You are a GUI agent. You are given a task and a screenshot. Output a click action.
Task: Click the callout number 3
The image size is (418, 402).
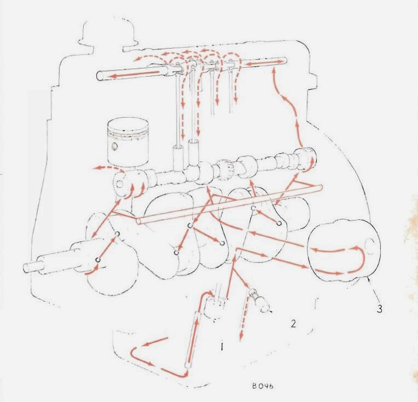379,308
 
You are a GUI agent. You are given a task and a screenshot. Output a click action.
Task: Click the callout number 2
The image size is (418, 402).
293,324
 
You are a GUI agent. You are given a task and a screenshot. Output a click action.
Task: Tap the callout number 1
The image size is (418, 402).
222,347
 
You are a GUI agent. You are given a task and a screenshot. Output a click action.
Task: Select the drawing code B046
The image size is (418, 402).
262,386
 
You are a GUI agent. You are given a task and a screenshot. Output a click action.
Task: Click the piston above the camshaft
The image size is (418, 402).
127,143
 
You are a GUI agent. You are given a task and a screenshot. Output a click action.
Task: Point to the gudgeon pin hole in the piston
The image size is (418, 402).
115,147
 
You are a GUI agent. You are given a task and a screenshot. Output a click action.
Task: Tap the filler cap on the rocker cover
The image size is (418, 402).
109,32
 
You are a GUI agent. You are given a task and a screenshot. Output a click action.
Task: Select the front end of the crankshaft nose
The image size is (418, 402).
25,268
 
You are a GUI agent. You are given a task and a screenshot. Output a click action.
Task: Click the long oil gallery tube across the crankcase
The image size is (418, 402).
229,204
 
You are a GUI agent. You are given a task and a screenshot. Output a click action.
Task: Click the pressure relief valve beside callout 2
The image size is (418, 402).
259,300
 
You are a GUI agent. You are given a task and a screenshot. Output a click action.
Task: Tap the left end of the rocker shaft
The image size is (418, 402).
98,75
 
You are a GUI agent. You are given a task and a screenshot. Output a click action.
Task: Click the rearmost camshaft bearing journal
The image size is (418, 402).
305,159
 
